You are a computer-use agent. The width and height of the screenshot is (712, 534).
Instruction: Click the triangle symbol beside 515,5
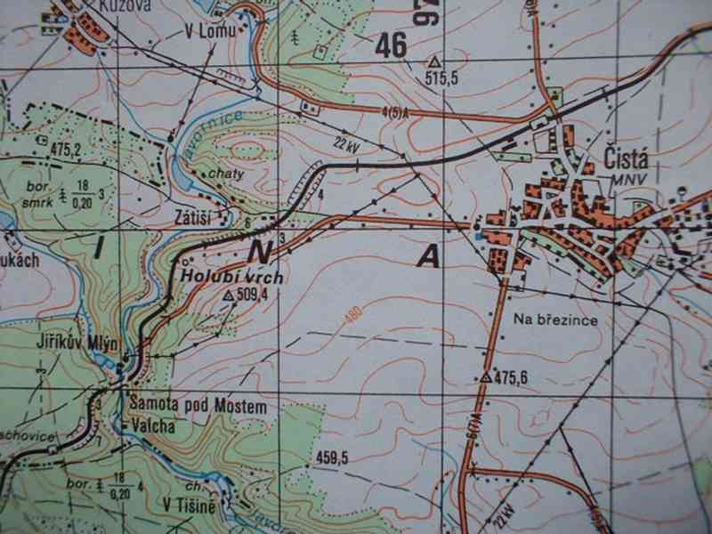tap(434, 62)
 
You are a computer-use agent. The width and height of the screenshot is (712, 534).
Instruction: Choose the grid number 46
tap(392, 44)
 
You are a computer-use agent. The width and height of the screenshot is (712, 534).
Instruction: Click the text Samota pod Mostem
tap(198, 407)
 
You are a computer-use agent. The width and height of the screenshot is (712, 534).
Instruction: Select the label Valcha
tap(150, 425)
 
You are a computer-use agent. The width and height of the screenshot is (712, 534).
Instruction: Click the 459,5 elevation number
tap(330, 459)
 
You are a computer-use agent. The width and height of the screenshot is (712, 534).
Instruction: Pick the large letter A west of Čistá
tap(429, 256)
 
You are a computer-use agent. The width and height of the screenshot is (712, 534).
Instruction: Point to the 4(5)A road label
tap(392, 112)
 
